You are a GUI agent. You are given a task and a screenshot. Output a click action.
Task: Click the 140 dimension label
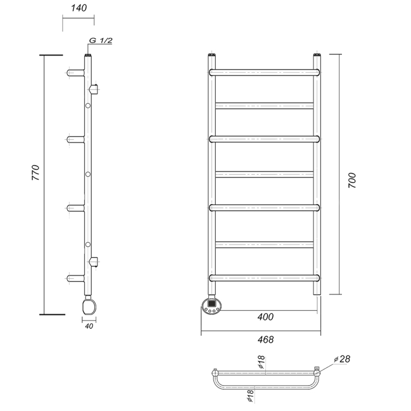pos(79,8)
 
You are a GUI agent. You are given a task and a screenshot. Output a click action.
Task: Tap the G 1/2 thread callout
pos(101,40)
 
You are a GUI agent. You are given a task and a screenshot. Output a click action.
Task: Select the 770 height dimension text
pos(36,173)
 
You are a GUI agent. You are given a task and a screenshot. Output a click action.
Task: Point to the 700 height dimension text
pos(352,180)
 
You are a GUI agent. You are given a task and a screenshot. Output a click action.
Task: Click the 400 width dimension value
pos(265,317)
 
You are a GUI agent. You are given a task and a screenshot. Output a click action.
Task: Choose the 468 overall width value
pos(265,340)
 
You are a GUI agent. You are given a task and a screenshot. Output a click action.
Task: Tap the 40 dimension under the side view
pos(89,326)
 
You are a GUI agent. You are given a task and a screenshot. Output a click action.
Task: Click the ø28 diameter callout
pos(342,359)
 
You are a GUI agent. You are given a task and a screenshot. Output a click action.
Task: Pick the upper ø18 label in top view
pos(262,362)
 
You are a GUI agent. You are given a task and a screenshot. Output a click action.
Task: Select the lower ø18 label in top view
pos(250,396)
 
